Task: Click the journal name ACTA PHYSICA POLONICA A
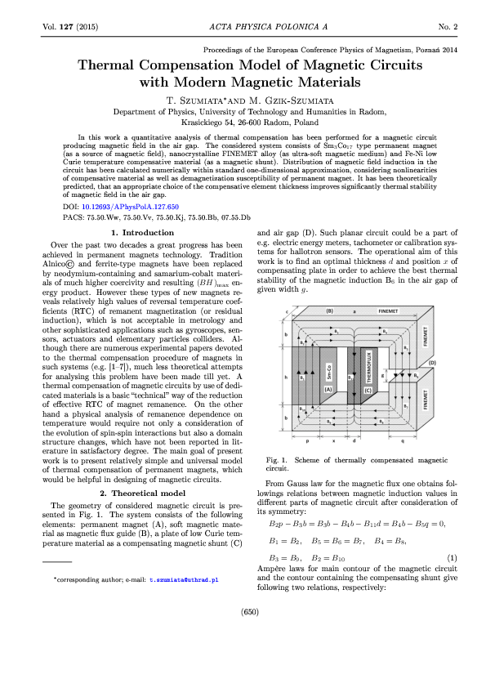click(243, 27)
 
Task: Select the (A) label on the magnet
click(328, 391)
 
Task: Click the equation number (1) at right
click(452, 534)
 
